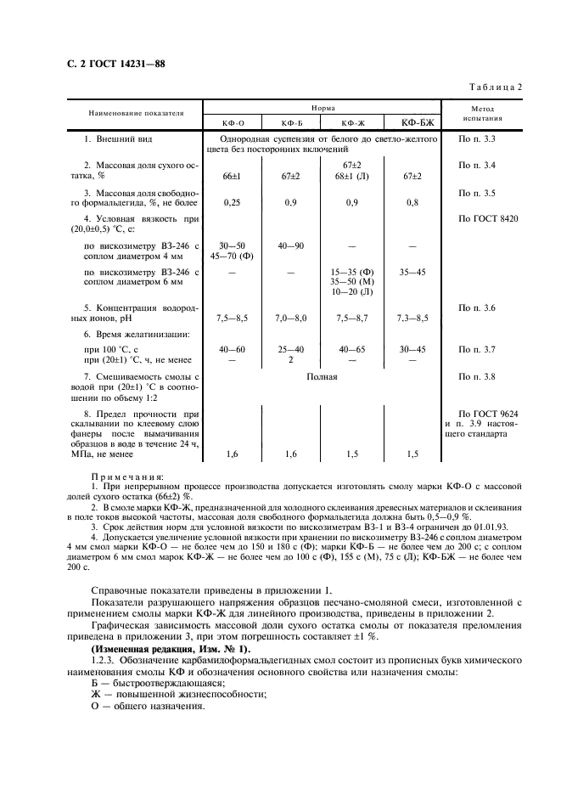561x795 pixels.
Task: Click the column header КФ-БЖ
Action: pyautogui.click(x=412, y=122)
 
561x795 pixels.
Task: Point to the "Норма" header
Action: pyautogui.click(x=322, y=109)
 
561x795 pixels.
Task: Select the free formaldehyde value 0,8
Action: pyautogui.click(x=412, y=203)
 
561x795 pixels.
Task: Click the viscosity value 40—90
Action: pyautogui.click(x=290, y=246)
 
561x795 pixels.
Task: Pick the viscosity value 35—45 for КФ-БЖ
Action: pyautogui.click(x=412, y=273)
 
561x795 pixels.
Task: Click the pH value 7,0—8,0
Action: pyautogui.click(x=290, y=318)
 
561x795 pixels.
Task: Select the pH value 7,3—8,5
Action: pyautogui.click(x=412, y=318)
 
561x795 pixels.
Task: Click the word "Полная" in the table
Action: pyautogui.click(x=322, y=375)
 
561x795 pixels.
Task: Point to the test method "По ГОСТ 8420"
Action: pyautogui.click(x=488, y=219)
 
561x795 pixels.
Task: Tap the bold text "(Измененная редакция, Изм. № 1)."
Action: pyautogui.click(x=171, y=649)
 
